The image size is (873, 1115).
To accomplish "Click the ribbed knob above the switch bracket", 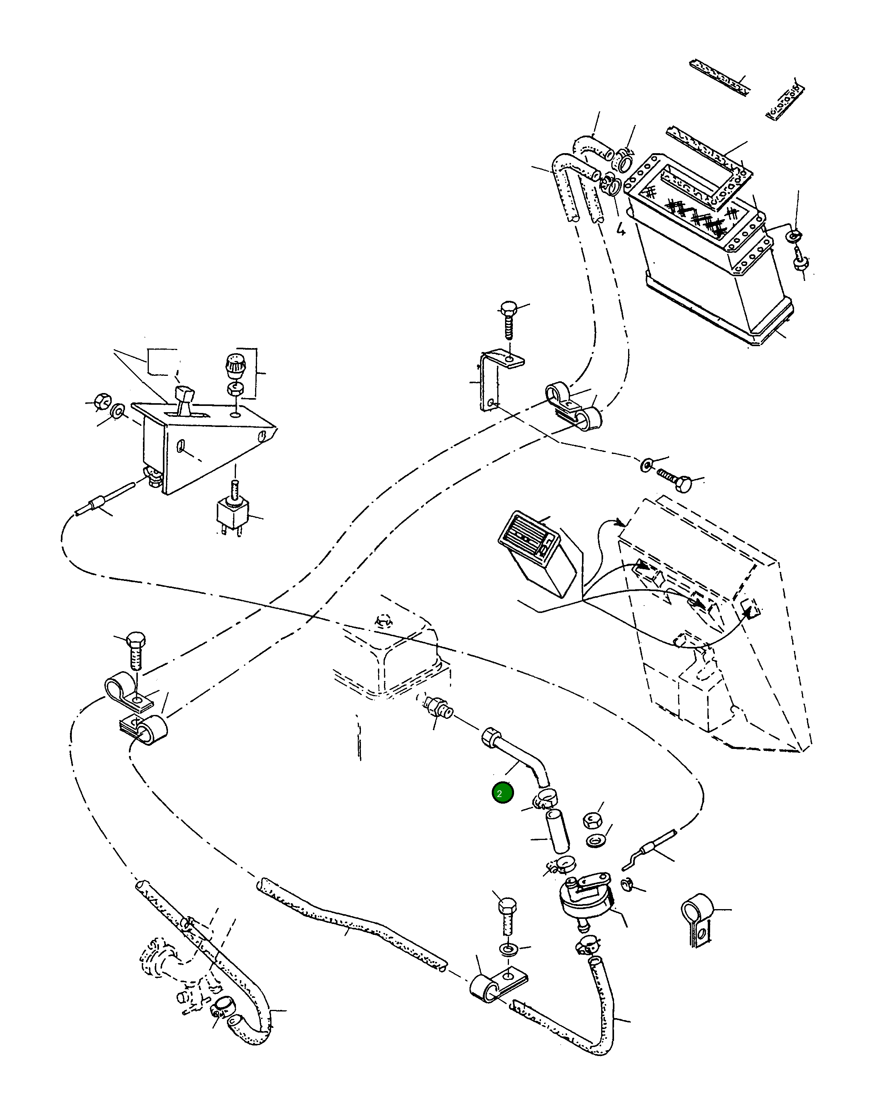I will point(236,365).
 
